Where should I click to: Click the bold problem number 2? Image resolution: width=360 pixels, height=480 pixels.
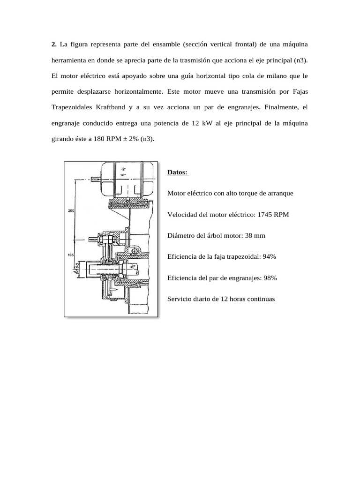coord(53,44)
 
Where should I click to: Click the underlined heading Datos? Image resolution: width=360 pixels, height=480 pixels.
coord(178,172)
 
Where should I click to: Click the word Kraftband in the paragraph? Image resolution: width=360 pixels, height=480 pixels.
coord(111,107)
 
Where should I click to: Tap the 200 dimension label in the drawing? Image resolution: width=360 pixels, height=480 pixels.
coord(71,211)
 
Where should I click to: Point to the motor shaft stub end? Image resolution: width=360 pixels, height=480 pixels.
coord(96,179)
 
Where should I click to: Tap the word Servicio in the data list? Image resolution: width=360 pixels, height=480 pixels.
coord(179,299)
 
